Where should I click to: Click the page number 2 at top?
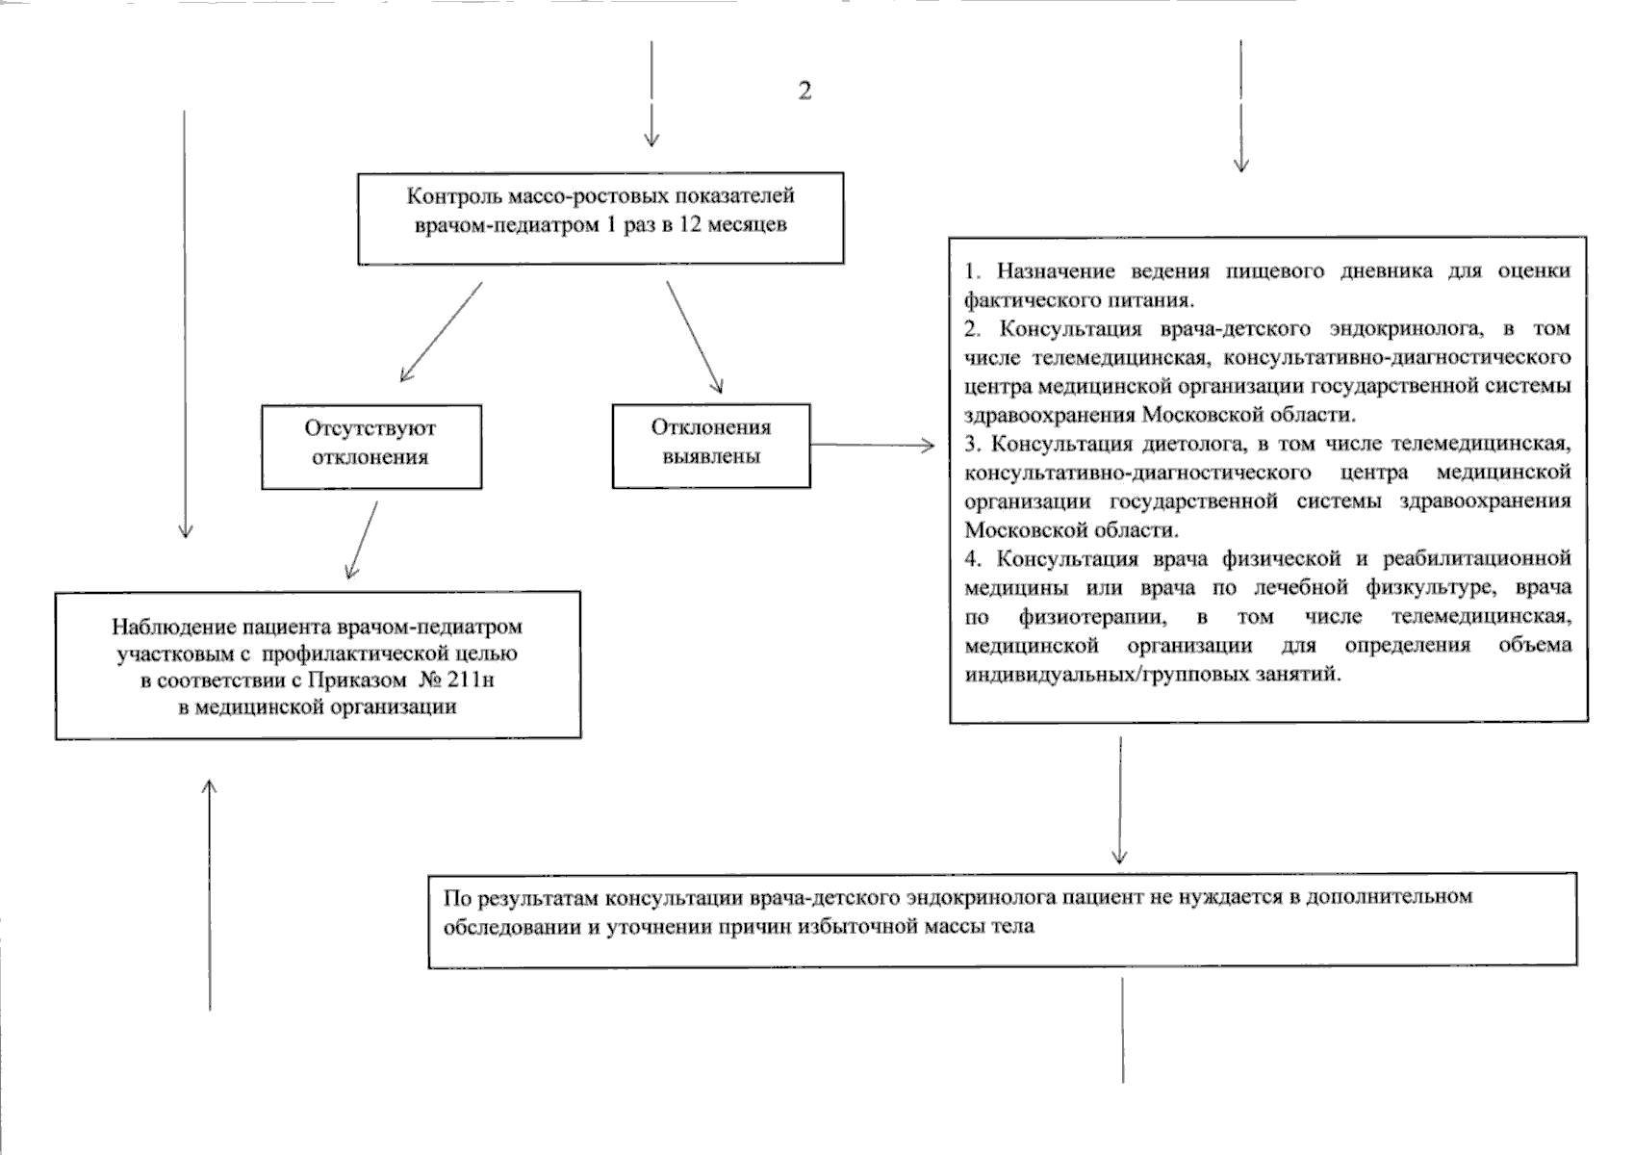click(x=804, y=90)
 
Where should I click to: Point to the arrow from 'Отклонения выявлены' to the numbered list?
click(x=872, y=445)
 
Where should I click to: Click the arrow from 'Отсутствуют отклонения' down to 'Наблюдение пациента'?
click(x=362, y=539)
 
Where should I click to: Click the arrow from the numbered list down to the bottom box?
click(x=1119, y=799)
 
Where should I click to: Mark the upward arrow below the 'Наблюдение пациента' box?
click(x=210, y=895)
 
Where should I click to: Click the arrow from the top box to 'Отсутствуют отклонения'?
click(x=440, y=332)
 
